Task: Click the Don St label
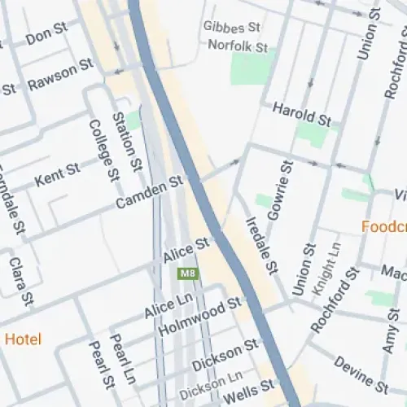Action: (46, 34)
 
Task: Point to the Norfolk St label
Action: (238, 46)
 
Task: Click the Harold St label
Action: (301, 115)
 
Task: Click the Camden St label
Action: (149, 194)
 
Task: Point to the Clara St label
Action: (17, 278)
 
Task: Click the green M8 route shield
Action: (188, 274)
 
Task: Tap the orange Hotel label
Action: (23, 339)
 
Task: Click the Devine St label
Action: (361, 374)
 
